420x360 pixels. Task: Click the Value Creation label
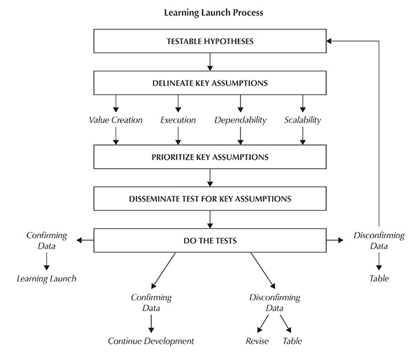116,120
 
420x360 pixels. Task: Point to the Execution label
178,120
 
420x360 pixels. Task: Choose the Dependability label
240,120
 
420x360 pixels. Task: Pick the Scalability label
302,120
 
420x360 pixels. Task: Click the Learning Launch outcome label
46,279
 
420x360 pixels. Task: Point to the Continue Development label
150,341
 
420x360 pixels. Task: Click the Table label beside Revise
292,341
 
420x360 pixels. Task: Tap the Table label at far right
379,279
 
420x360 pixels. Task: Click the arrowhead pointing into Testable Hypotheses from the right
330,41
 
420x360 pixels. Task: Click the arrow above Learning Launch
46,262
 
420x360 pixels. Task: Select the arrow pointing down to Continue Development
150,324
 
